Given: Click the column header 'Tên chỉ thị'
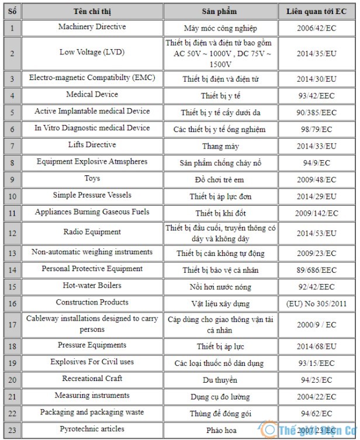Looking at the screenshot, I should click(x=92, y=12).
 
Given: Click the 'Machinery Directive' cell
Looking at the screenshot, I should click(x=92, y=27).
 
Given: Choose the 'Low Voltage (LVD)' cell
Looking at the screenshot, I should click(x=92, y=52).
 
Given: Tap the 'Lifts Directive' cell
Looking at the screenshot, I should click(x=92, y=145).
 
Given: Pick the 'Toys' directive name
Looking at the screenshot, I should click(x=92, y=178).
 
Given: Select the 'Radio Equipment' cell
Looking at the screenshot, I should click(x=92, y=232).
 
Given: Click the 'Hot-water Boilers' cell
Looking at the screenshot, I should click(x=92, y=286).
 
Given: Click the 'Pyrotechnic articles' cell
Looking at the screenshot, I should click(x=92, y=429).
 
